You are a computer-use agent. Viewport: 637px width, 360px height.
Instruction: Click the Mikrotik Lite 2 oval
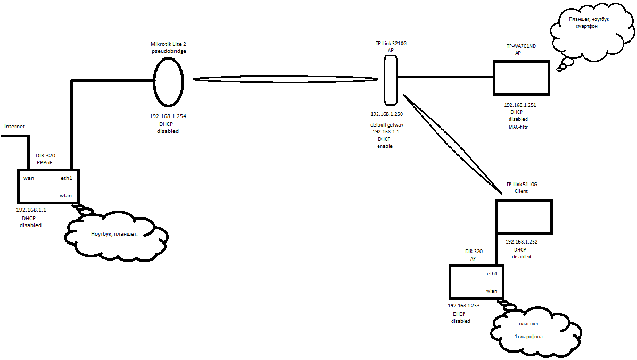click(169, 82)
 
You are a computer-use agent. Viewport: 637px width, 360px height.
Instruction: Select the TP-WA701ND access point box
click(522, 78)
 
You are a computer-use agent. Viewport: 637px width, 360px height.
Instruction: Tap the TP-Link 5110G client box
click(524, 216)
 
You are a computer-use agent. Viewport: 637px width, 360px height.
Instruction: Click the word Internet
click(15, 127)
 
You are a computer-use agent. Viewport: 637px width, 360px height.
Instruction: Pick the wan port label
click(29, 178)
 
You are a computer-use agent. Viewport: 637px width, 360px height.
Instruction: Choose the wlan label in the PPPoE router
click(65, 196)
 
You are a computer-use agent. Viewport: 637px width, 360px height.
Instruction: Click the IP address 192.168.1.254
click(168, 116)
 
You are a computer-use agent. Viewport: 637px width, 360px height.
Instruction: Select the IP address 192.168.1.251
click(520, 105)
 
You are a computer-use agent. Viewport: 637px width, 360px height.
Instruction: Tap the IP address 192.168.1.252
click(522, 241)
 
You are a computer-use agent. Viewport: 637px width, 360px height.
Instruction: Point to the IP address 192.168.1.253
click(464, 306)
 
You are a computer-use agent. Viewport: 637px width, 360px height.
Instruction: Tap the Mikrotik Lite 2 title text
click(169, 43)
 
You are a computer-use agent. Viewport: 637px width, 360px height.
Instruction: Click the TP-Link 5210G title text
click(391, 43)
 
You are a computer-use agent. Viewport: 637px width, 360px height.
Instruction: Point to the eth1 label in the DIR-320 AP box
click(492, 274)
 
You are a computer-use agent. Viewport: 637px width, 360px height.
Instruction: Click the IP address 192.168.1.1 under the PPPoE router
click(31, 210)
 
